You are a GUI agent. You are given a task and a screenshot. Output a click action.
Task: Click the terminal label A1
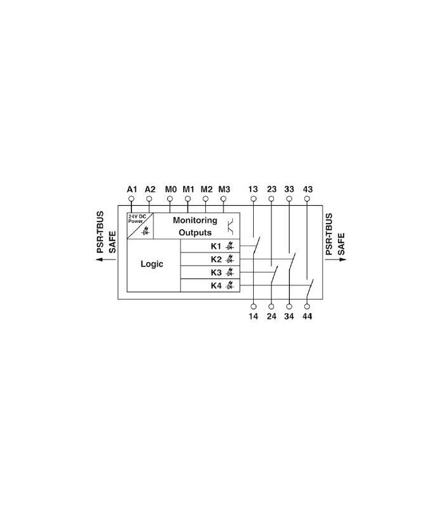pyautogui.click(x=132, y=189)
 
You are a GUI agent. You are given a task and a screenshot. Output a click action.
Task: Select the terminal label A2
pyautogui.click(x=150, y=189)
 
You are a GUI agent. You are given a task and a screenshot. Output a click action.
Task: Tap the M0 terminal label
pyautogui.click(x=170, y=189)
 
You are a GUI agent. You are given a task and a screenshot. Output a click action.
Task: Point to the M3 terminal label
pyautogui.click(x=224, y=189)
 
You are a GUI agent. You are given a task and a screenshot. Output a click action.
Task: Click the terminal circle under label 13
pyautogui.click(x=254, y=199)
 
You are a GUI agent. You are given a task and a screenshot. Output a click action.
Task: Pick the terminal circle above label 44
pyautogui.click(x=307, y=307)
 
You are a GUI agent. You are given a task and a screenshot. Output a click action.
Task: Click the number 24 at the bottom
pyautogui.click(x=272, y=317)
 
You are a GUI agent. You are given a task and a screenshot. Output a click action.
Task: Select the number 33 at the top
pyautogui.click(x=289, y=189)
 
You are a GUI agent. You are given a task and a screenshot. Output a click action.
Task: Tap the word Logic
pyautogui.click(x=152, y=264)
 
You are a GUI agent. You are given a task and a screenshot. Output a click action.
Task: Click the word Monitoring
pyautogui.click(x=195, y=220)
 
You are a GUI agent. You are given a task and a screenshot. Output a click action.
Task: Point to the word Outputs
pyautogui.click(x=195, y=232)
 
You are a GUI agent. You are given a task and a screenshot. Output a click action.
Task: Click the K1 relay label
pyautogui.click(x=216, y=246)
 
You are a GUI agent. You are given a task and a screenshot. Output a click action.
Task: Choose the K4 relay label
pyautogui.click(x=216, y=286)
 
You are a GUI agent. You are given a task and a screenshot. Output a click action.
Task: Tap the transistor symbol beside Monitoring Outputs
pyautogui.click(x=230, y=227)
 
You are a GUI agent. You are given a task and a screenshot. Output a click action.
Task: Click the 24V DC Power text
pyautogui.click(x=137, y=218)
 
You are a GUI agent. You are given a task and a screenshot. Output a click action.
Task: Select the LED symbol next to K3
pyautogui.click(x=229, y=273)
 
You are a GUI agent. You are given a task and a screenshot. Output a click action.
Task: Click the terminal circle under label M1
pyautogui.click(x=188, y=199)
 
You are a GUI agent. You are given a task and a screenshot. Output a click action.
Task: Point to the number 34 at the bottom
pyautogui.click(x=289, y=317)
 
